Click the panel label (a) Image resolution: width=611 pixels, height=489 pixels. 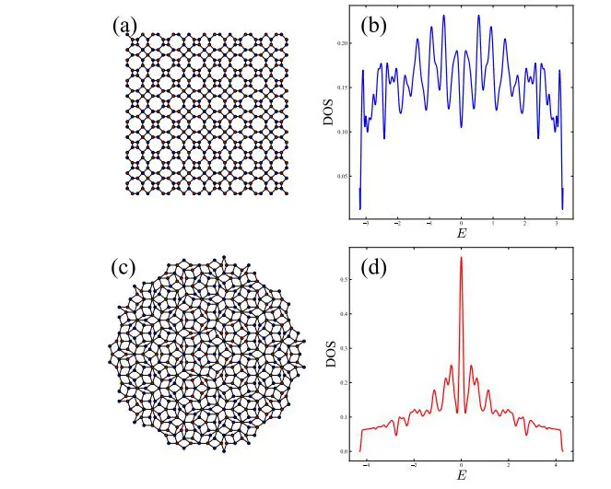[x=125, y=27]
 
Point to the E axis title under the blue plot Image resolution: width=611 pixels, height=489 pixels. [x=461, y=234]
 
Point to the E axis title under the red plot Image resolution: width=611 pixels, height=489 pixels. [x=461, y=475]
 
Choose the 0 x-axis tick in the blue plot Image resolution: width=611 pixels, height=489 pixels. [x=461, y=223]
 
